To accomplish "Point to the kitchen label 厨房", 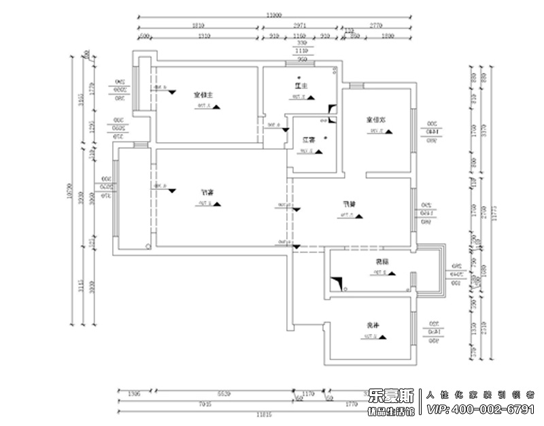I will (x=379, y=262).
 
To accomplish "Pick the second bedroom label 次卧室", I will (x=377, y=120).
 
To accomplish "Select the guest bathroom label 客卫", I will (x=309, y=140).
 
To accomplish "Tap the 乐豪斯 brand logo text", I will (x=392, y=395).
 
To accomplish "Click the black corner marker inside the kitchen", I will (x=335, y=282).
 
